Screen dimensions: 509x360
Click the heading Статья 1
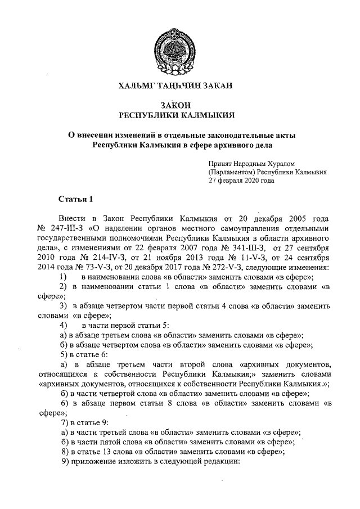[74, 199]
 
